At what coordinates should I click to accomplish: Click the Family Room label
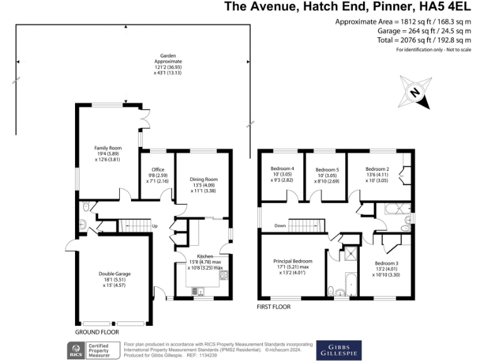coord(108,148)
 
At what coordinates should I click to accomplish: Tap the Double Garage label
coord(115,274)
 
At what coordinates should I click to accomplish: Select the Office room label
coord(158,170)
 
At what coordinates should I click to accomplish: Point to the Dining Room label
coord(204,180)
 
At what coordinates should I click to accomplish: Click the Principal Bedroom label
coord(292,261)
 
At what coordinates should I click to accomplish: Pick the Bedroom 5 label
coord(327,170)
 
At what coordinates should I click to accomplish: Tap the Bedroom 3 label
coord(386,263)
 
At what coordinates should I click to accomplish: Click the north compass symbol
coord(415,92)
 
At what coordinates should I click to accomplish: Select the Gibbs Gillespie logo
coord(339,350)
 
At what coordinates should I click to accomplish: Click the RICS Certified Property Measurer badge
coord(93,350)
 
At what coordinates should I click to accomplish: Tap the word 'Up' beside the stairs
coord(154,226)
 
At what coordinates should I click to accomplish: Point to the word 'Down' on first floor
coord(280,226)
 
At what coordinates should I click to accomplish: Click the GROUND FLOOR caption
coord(97,332)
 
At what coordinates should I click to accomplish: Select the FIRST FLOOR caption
coord(274,307)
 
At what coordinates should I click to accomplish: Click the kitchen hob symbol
coord(224,275)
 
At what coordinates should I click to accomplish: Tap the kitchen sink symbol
coord(198,291)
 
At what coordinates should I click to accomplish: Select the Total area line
coord(423,40)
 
